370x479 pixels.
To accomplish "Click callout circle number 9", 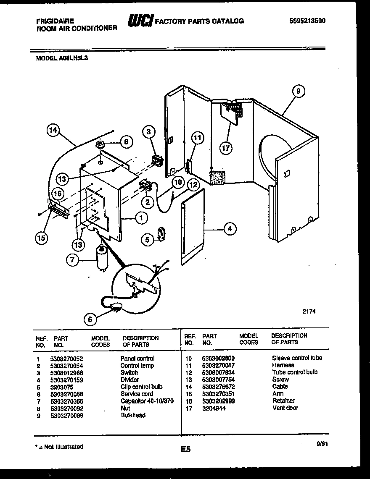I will (298, 91).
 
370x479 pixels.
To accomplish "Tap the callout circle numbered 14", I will (53, 131).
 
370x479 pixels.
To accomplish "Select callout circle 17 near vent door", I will (227, 147).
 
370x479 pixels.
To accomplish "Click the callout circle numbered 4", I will (230, 229).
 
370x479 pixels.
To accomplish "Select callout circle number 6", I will (90, 319).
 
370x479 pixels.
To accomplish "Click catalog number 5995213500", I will (308, 21).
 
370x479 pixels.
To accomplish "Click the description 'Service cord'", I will (137, 394).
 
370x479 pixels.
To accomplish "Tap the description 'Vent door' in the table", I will (285, 408).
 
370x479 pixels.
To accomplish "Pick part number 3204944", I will (214, 408).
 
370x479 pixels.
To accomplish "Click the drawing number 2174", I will (309, 311).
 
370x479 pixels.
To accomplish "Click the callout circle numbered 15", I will (41, 238).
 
